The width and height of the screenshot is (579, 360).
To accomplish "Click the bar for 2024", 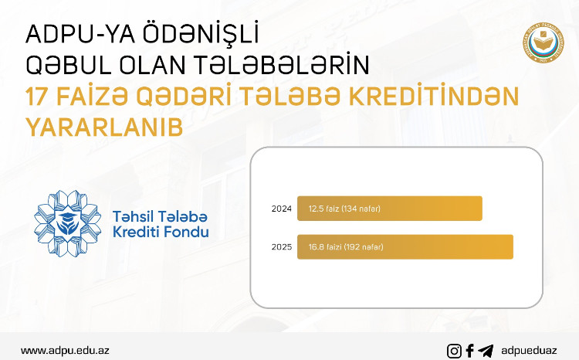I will point(390,209).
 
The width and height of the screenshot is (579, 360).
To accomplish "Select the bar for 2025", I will point(405,246).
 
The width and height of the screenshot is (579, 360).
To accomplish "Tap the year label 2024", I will point(281,209).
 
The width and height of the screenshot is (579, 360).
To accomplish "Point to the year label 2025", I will point(281,247).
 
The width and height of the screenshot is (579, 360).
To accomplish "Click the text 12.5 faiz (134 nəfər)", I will point(344,209).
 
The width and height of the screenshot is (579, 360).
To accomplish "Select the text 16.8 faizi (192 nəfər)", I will point(346,247).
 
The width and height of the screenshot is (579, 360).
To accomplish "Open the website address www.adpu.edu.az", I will point(65,350).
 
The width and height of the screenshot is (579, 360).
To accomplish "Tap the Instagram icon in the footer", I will point(455,351).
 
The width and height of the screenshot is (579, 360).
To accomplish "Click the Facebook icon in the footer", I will point(470,351).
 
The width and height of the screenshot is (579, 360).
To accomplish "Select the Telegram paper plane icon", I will point(486,351).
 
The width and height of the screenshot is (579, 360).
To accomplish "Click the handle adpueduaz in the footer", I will point(529,351).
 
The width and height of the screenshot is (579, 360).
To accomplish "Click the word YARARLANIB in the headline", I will point(104,127).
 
